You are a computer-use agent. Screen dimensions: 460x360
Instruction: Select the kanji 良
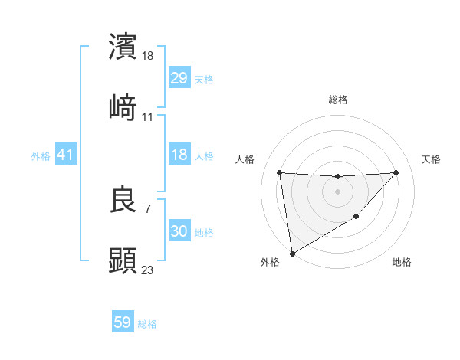click(123, 201)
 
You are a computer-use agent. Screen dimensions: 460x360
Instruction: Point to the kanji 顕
click(123, 260)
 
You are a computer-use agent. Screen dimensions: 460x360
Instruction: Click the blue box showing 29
click(179, 79)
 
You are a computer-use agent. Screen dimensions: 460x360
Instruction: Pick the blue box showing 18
click(179, 155)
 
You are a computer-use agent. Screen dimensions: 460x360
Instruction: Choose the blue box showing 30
click(179, 231)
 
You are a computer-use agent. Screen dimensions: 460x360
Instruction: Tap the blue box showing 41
click(66, 155)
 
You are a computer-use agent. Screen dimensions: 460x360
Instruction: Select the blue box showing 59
click(123, 322)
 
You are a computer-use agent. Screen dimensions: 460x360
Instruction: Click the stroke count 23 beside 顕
click(148, 270)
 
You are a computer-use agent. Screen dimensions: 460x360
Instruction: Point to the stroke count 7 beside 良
click(147, 208)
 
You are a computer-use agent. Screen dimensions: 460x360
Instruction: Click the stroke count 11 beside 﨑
click(148, 116)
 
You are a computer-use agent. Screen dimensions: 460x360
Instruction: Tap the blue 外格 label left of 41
click(41, 156)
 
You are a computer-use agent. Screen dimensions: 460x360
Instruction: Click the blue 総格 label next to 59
click(147, 324)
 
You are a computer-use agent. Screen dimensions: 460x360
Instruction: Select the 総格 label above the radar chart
click(338, 100)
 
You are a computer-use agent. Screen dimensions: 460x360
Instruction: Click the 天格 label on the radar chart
click(432, 159)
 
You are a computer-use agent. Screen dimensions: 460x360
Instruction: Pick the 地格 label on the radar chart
click(402, 262)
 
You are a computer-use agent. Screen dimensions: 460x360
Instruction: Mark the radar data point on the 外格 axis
click(291, 253)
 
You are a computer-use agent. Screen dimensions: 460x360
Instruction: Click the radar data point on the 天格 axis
click(396, 172)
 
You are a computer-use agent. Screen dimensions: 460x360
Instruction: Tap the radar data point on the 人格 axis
click(280, 172)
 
